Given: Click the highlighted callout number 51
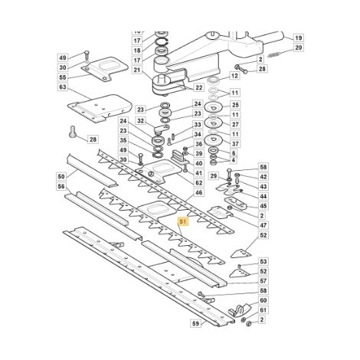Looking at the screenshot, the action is tap(183, 221).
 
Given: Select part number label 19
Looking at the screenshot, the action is tap(298, 38).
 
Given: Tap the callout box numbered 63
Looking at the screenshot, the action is tap(62, 87).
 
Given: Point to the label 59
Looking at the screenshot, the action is tap(195, 324).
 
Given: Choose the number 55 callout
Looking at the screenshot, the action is tap(62, 77).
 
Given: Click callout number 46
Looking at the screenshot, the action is tap(198, 192).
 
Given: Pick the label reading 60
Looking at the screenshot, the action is tap(263, 300).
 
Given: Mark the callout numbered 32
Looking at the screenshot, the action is tap(140, 121).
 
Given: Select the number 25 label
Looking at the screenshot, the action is tap(235, 105).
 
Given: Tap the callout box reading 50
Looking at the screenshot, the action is tap(61, 176).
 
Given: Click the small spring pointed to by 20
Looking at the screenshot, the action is tap(274, 54).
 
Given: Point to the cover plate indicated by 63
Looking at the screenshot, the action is tap(100, 108).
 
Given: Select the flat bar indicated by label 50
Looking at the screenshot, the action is tap(92, 170).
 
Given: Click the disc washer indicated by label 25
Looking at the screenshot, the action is tap(214, 106).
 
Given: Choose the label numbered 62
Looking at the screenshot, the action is tap(198, 182).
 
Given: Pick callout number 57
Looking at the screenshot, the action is tap(263, 281).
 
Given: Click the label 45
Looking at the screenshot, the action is tap(263, 206).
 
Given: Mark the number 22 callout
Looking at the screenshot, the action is tap(198, 87).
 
